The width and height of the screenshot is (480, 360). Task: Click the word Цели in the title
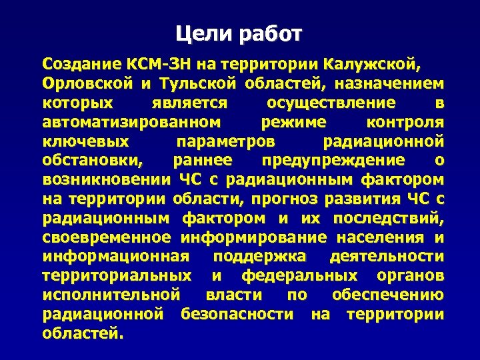coord(199,33)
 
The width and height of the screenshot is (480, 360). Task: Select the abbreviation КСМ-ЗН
coord(157,65)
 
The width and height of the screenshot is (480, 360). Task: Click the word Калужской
coord(371,65)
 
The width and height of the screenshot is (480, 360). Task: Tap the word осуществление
coord(331,104)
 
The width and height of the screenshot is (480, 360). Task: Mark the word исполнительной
coord(111,295)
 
